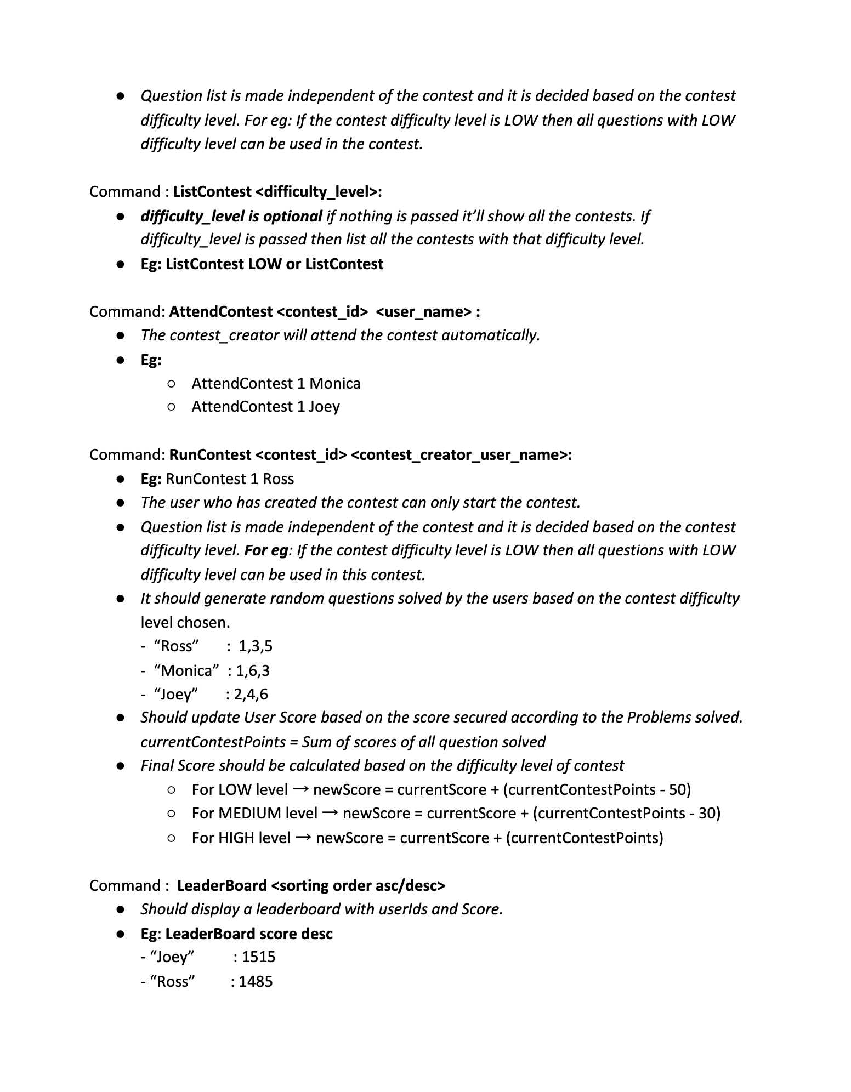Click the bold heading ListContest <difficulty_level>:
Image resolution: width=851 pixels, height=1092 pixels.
277,191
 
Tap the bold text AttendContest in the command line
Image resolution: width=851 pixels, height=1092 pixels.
220,311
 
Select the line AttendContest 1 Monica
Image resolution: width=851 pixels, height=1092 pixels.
276,383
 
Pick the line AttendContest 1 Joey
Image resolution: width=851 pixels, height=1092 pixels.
265,407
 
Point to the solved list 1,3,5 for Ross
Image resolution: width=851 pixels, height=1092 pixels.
256,646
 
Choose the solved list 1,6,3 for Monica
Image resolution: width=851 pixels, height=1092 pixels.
253,670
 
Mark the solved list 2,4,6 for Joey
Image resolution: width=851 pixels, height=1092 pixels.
251,694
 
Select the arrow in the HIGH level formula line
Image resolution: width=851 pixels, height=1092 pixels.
303,837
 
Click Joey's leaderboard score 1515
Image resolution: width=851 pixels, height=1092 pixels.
258,957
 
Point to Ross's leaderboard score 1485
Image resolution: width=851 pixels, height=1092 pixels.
256,981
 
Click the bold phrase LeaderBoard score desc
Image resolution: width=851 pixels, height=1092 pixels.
249,934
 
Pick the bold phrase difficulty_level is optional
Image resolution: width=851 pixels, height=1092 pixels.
231,216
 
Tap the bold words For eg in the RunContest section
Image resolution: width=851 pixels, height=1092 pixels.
266,550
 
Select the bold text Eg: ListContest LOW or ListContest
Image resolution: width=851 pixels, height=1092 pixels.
262,264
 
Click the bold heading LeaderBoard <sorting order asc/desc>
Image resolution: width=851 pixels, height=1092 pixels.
311,885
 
